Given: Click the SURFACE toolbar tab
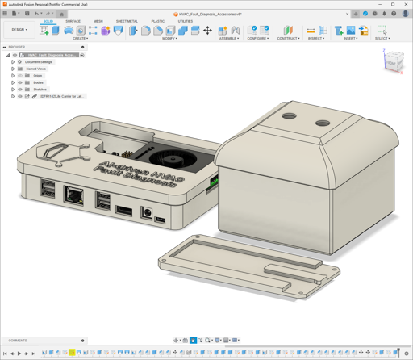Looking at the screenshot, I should pos(73,22).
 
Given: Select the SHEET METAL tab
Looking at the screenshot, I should pos(127,22).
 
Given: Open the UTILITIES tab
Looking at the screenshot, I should pos(186,22).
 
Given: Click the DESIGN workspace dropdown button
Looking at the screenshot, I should pos(19,30).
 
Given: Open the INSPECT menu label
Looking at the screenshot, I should pos(315,38).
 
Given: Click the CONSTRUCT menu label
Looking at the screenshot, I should pos(288,38).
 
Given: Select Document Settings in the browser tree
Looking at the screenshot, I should pos(38,62).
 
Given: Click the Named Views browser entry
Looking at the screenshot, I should pos(35,69).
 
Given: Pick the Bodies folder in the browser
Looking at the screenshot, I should pos(39,82).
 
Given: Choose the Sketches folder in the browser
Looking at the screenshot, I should pos(40,90).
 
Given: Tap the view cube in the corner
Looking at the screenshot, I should pos(392,62).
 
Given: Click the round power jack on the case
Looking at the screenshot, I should pos(148,214).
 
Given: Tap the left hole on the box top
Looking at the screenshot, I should pos(289,117).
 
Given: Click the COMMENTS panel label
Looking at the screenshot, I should pos(18,341).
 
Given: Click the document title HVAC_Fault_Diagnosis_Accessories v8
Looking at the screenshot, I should pos(211,14).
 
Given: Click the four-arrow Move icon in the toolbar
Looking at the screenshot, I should pos(207,31).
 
